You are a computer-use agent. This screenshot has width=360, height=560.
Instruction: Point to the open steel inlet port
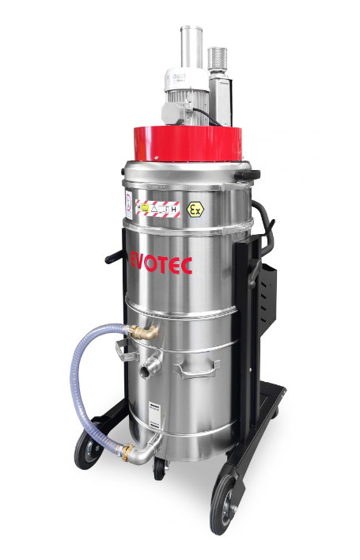(148, 368)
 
